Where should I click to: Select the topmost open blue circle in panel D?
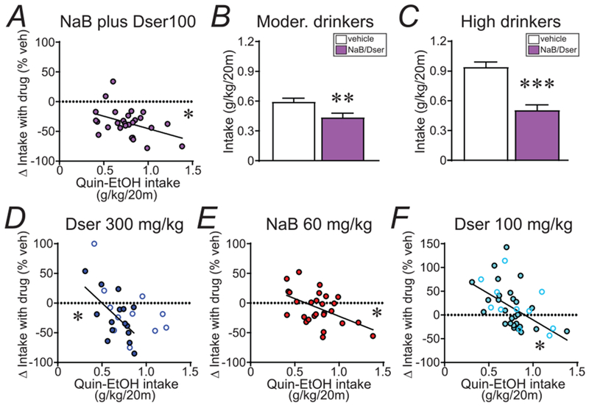coord(94,244)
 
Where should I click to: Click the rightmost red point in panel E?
coord(373,336)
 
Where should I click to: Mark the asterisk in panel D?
coord(77,317)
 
